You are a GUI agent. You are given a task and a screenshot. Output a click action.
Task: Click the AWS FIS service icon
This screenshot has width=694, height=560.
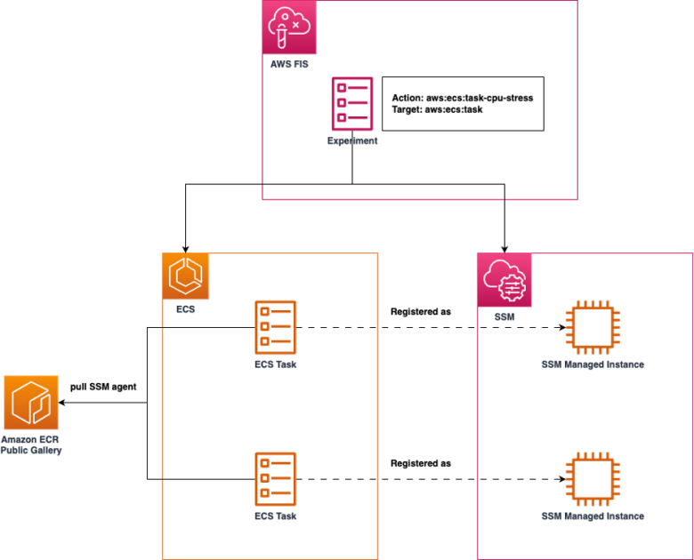click(290, 28)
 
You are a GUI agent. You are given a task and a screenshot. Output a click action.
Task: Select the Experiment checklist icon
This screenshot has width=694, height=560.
click(352, 103)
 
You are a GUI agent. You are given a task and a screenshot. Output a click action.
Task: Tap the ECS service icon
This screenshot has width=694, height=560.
click(186, 276)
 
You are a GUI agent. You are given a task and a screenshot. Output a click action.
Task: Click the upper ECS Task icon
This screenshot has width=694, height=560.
click(276, 327)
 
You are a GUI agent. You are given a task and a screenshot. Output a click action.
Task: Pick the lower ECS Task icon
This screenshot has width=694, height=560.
click(276, 479)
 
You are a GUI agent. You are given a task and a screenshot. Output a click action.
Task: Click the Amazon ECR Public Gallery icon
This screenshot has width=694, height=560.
click(32, 403)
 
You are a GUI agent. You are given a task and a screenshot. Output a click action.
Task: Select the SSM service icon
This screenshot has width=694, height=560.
click(504, 280)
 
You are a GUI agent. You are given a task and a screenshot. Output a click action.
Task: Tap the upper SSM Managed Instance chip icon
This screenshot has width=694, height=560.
click(593, 326)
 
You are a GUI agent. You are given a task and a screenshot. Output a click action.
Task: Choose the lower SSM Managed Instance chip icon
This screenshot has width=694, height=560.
click(593, 479)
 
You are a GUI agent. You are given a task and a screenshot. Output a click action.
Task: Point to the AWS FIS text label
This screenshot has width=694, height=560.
click(289, 64)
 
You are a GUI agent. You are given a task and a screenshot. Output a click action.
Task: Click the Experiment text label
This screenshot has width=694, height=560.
click(352, 140)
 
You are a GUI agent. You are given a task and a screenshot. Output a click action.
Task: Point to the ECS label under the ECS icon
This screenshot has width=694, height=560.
click(185, 309)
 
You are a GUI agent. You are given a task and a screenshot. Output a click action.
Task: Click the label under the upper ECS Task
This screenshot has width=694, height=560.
click(276, 364)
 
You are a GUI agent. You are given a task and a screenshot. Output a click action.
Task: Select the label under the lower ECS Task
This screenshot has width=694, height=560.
click(276, 516)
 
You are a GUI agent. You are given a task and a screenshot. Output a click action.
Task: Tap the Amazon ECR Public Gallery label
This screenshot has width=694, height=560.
click(32, 444)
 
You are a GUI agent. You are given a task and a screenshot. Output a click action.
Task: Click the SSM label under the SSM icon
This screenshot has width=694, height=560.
click(504, 316)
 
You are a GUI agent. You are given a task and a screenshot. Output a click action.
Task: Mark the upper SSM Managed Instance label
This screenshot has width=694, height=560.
click(593, 364)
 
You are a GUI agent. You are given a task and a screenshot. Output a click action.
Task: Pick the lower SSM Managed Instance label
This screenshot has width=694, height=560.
click(593, 516)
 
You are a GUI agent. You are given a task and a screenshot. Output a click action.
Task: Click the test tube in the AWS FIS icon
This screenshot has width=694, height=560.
click(282, 36)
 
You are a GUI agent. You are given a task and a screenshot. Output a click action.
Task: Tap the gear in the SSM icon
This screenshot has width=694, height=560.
click(512, 287)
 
